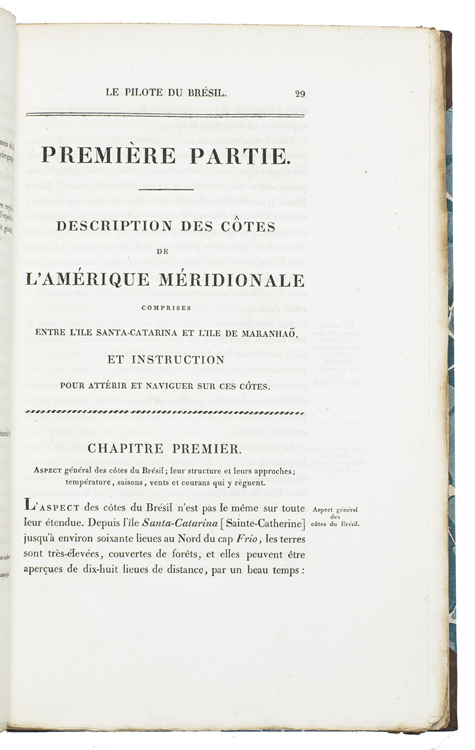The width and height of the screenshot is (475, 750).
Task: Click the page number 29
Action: click(x=299, y=93)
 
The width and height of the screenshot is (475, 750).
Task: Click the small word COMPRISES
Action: click(x=170, y=308)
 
